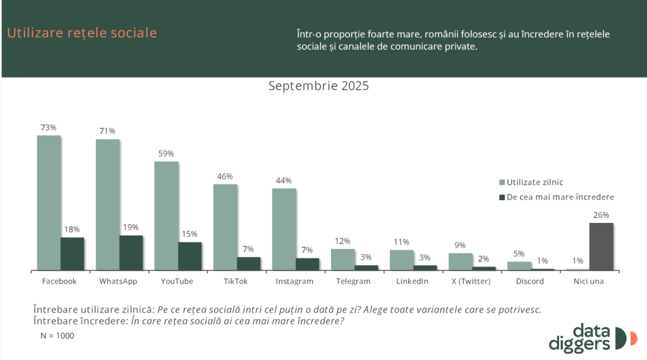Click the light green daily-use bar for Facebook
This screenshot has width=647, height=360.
(49, 202)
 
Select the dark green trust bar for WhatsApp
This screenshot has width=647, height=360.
(131, 253)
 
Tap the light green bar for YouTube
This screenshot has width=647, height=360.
(166, 215)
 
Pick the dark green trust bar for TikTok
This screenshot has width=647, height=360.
(249, 263)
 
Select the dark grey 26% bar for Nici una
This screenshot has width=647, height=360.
(602, 246)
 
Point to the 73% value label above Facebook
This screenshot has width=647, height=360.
(49, 128)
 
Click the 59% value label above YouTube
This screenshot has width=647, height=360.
(166, 153)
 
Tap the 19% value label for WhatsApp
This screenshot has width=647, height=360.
(131, 227)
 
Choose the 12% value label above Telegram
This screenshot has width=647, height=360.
(343, 241)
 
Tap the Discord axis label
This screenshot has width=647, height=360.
(529, 281)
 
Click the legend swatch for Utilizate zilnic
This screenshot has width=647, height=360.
(502, 182)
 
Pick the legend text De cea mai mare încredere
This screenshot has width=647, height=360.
(560, 196)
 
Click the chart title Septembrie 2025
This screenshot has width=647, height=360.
(318, 86)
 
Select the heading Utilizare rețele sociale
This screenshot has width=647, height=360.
(82, 33)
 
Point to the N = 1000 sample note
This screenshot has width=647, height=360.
(57, 335)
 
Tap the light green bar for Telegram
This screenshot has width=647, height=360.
(343, 259)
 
